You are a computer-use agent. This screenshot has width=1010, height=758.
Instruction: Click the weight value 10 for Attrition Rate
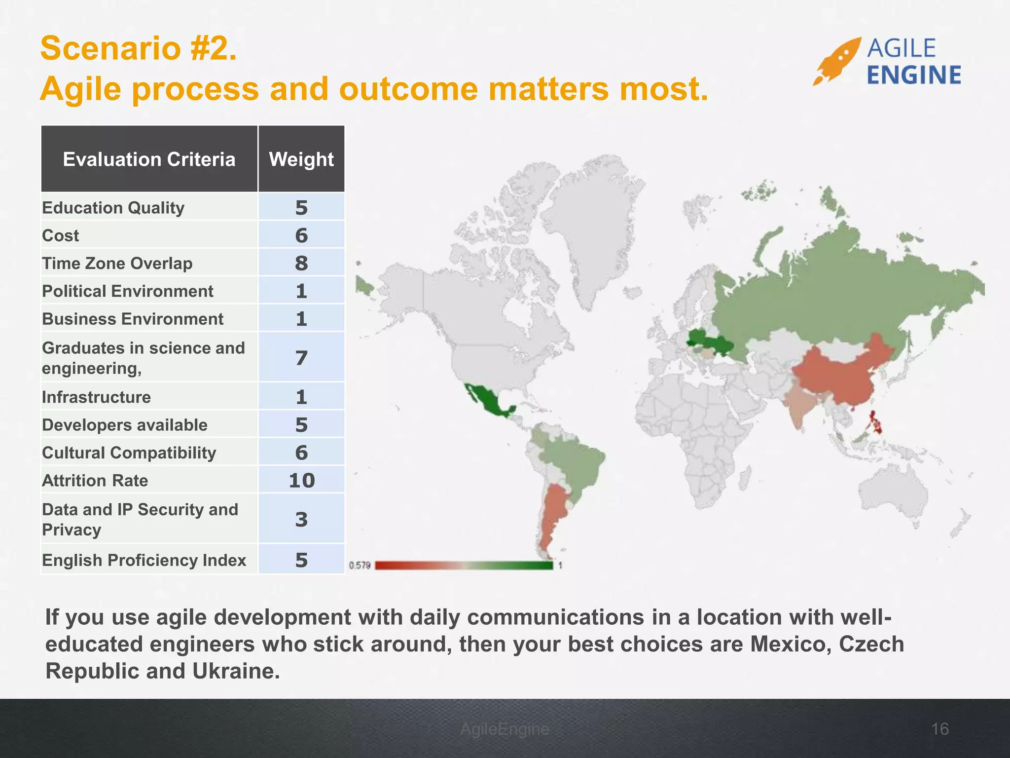301,480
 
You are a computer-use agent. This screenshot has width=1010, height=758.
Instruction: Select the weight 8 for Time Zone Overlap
301,263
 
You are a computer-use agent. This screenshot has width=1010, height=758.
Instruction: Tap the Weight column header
301,159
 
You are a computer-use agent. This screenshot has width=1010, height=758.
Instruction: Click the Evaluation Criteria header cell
149,159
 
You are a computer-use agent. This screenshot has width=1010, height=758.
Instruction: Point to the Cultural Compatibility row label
129,453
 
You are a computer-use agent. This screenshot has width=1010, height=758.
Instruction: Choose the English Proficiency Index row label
144,560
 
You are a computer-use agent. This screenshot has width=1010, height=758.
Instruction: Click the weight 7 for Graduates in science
301,358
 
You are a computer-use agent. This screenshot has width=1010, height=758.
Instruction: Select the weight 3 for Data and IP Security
301,519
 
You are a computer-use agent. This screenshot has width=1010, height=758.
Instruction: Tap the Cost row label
61,235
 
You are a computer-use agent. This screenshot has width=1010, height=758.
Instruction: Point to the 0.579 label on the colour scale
360,565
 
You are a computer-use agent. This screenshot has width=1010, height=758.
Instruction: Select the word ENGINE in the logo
914,76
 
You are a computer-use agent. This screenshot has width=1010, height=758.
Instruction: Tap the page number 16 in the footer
940,729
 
